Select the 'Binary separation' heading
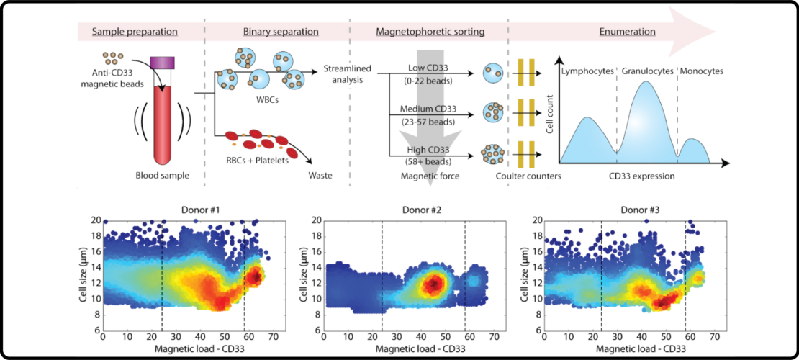pyautogui.click(x=277, y=32)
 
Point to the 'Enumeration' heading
pyautogui.click(x=627, y=32)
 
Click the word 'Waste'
pyautogui.click(x=320, y=174)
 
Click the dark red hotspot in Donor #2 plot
pyautogui.click(x=433, y=284)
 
